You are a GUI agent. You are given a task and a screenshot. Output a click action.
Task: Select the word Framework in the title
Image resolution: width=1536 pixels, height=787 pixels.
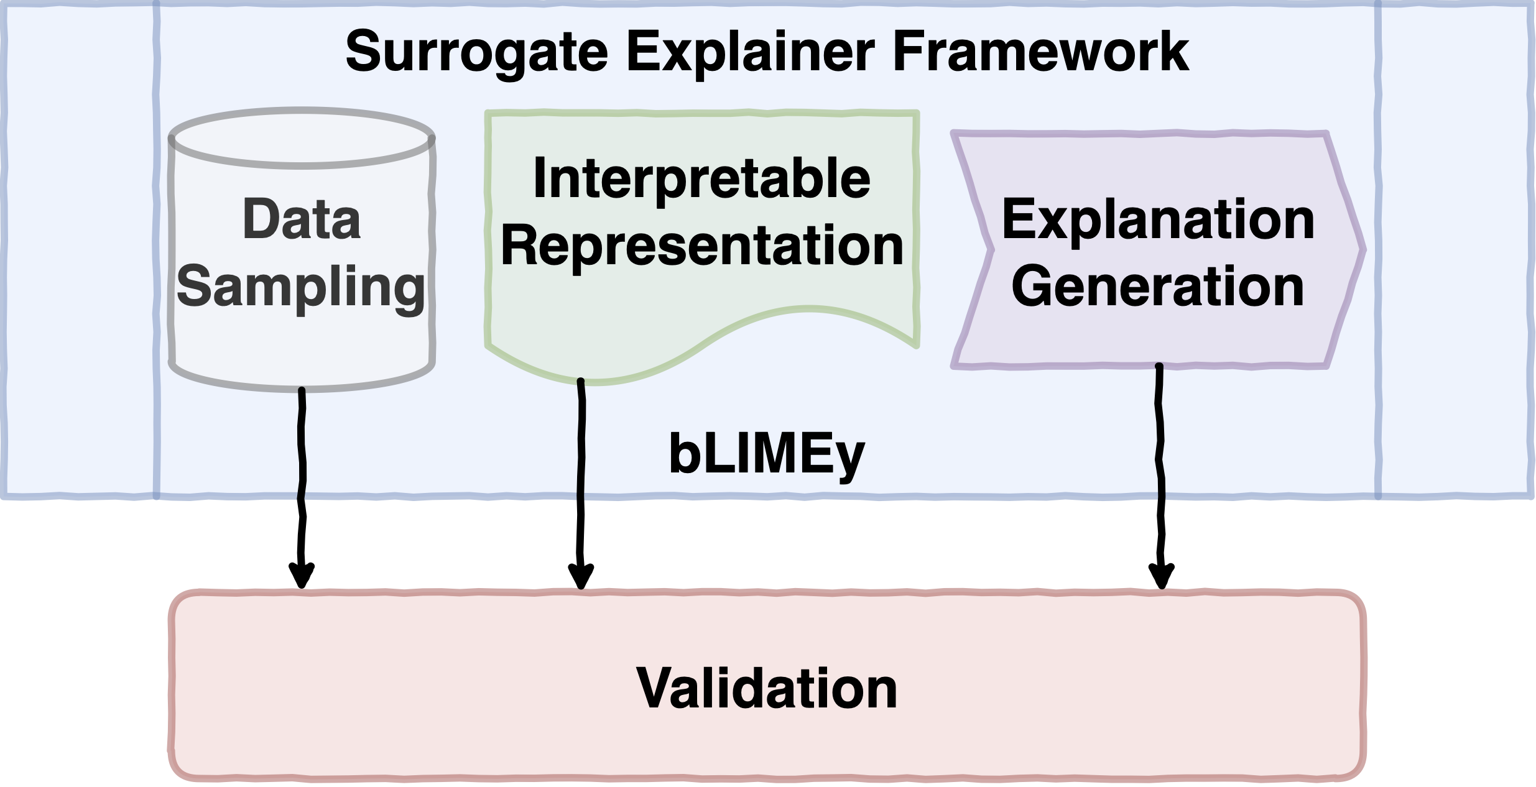coord(1041,52)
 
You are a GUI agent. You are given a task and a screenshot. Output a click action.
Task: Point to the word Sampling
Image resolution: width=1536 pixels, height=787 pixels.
coord(301,288)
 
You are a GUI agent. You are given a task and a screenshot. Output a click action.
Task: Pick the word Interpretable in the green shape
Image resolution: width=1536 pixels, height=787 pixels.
coord(702,179)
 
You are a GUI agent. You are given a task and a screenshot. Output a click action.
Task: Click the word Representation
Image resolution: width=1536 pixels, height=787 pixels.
coord(702,247)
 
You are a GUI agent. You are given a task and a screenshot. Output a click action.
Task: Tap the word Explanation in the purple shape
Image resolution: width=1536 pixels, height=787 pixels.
coord(1158,220)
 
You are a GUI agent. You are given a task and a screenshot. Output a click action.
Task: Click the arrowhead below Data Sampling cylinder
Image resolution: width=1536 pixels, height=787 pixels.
coord(302,576)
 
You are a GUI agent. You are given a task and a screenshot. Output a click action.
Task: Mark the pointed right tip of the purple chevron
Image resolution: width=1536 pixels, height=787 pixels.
coord(1364,250)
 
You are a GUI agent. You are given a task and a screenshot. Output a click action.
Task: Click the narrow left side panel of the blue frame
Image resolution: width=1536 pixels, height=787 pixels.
coord(80,249)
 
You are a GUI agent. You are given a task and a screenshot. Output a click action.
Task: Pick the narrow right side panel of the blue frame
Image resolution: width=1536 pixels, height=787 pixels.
coord(1456,249)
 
